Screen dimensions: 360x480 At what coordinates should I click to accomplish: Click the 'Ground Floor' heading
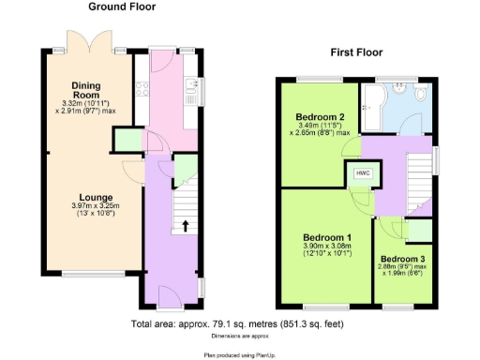click(123, 7)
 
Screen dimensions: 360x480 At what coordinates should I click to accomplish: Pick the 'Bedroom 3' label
click(404, 258)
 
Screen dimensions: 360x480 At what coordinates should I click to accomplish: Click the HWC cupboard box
click(362, 173)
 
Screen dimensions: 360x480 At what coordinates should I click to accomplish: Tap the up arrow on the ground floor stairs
click(185, 225)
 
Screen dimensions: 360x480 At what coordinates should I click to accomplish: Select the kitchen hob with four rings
click(142, 91)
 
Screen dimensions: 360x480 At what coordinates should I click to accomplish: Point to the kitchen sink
click(191, 92)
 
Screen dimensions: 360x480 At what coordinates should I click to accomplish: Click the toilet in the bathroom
click(419, 97)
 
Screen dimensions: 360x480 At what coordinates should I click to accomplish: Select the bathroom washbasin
click(399, 90)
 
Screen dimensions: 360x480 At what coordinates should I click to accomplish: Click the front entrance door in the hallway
click(170, 298)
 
